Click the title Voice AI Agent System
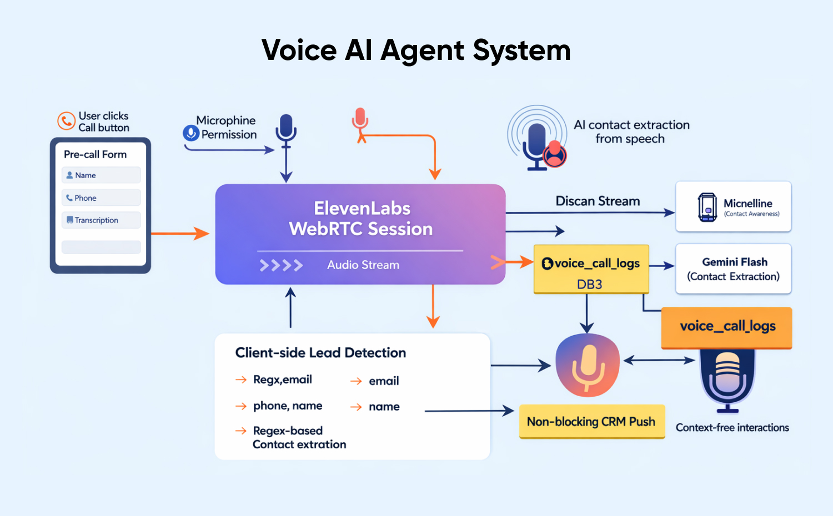click(416, 50)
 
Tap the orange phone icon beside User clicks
click(66, 120)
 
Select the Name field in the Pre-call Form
click(101, 175)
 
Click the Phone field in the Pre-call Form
click(101, 198)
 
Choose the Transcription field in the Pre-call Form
click(101, 220)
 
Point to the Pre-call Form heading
click(95, 154)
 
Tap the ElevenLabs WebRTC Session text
click(361, 219)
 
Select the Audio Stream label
click(363, 265)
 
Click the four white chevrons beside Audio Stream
click(281, 265)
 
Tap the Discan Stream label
click(598, 201)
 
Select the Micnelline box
click(733, 207)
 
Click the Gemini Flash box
click(733, 269)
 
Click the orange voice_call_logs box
click(727, 327)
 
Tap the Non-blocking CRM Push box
click(591, 422)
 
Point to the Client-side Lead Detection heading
click(320, 353)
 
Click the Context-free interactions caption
click(732, 428)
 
